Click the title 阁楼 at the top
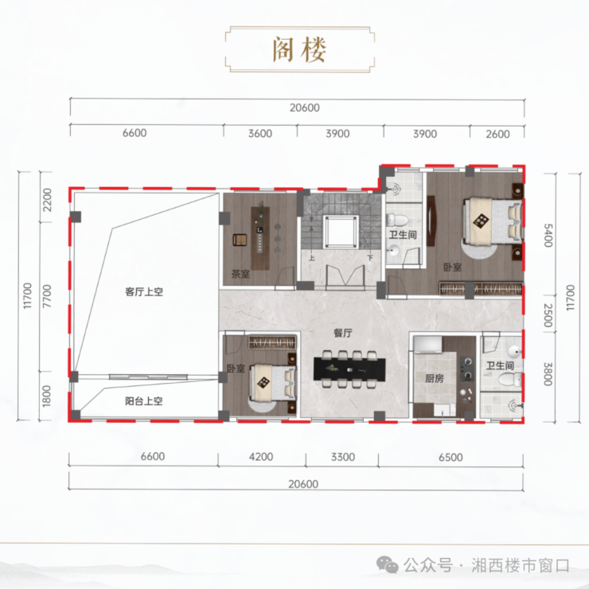pos(299,49)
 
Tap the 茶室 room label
pos(240,274)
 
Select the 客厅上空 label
pos(144,292)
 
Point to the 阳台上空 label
pos(144,401)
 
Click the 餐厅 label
pos(343,333)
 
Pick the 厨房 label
pos(435,378)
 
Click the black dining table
pos(349,369)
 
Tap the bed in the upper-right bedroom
pos(493,222)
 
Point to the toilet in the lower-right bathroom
pos(510,379)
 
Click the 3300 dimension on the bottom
pos(343,457)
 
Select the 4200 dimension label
pos(261,457)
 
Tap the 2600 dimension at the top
pos(497,134)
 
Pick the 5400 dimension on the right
pos(548,235)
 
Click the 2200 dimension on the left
pos(47,200)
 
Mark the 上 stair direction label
pos(312,258)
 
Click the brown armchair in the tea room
pos(240,240)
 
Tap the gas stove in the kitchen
pos(467,369)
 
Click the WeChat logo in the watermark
pos(388,565)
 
